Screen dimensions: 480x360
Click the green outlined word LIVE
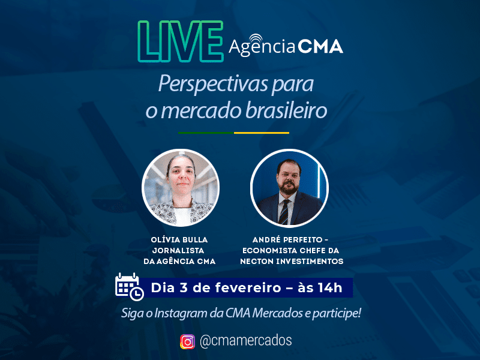[181, 41]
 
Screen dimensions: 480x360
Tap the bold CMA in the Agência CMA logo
[320, 47]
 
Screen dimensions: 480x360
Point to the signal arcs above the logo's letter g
[256, 38]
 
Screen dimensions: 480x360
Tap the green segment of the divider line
[206, 133]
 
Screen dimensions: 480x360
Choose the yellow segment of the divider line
[262, 133]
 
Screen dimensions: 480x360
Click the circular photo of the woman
[181, 188]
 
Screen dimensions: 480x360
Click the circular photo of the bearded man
[289, 188]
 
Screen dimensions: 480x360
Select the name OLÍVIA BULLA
[179, 239]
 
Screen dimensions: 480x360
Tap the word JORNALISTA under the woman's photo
[178, 250]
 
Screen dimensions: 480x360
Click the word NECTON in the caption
[257, 261]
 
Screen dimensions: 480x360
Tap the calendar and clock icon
[129, 287]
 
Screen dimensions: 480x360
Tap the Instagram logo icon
[187, 341]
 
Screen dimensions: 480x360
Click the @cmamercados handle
[245, 340]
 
